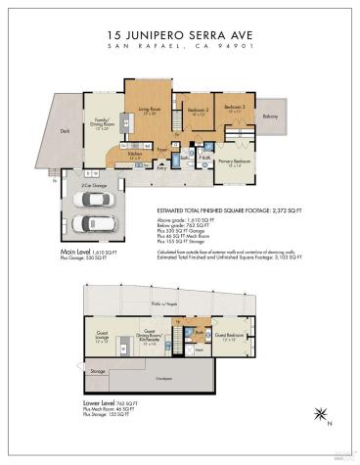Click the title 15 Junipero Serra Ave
(x=179, y=32)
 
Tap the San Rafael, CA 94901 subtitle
(x=179, y=46)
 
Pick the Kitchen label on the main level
(x=136, y=154)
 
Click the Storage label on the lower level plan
(x=97, y=371)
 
